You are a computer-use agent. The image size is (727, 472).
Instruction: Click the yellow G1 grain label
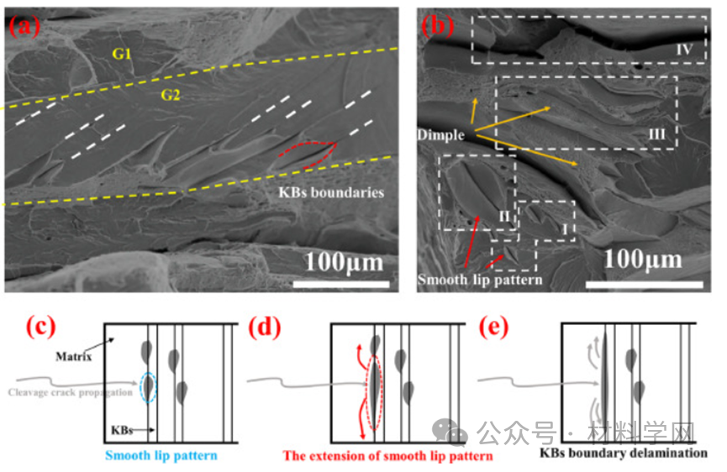[123, 55]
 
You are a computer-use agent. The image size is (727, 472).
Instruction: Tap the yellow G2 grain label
[172, 96]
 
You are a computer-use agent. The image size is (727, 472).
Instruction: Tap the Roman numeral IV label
[685, 50]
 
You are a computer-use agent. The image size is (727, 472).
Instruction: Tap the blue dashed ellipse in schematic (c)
[148, 387]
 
